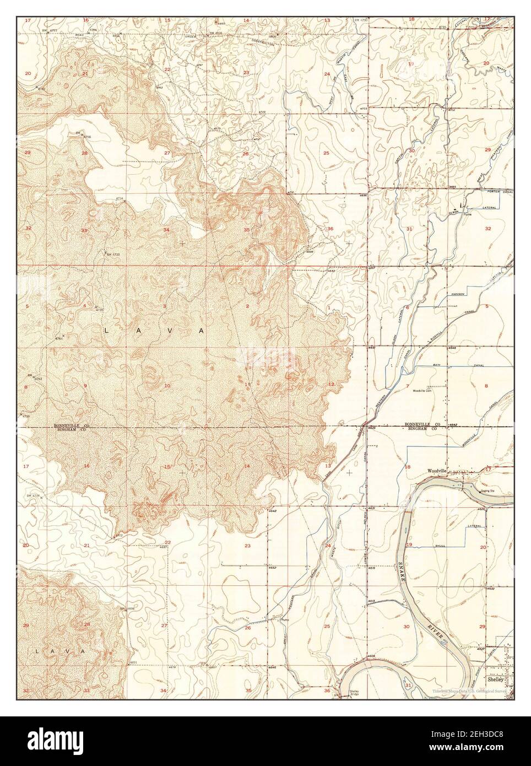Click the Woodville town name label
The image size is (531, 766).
pyautogui.click(x=440, y=471)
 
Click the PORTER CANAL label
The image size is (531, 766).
pyautogui.click(x=500, y=191)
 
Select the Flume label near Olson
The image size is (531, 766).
pyautogui.click(x=468, y=215)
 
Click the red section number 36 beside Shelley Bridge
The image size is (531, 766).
pyautogui.click(x=327, y=691)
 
